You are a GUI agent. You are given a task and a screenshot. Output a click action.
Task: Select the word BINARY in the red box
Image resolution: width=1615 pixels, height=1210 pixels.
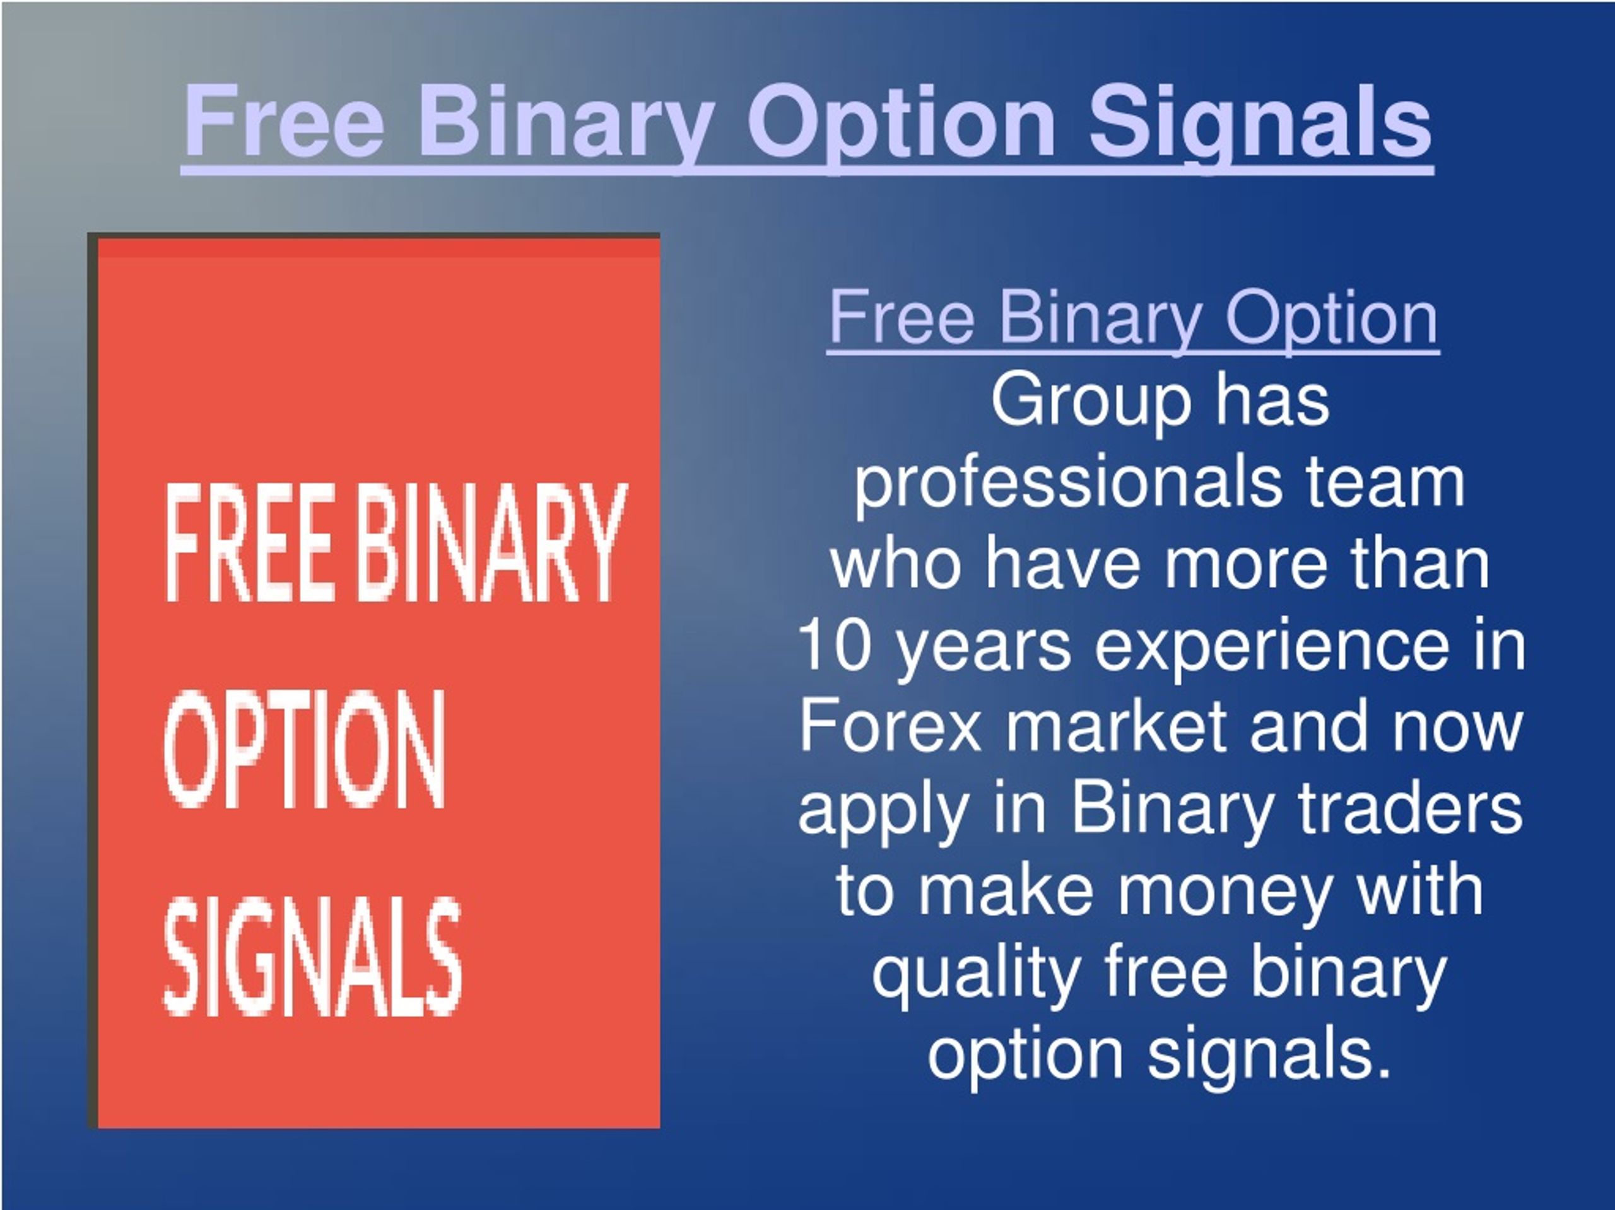coord(493,542)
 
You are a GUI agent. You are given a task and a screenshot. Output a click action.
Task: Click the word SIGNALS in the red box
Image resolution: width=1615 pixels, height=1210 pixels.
coord(312,955)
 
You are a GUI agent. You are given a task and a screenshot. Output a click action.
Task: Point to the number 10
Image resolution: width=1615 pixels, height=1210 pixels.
coord(835,645)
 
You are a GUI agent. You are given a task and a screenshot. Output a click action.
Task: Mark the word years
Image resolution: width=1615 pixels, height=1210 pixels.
coord(983,648)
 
